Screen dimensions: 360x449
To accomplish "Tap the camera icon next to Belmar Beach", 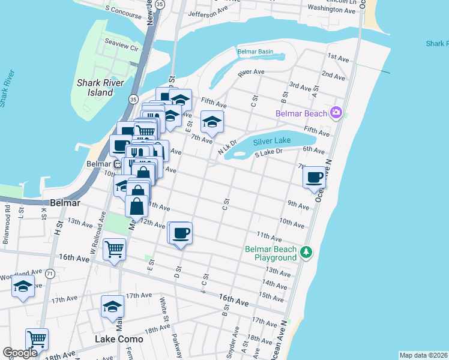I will [x=336, y=113].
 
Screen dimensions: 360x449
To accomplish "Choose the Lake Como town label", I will [x=119, y=339].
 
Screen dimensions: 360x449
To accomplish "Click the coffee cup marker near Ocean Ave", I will [x=315, y=177].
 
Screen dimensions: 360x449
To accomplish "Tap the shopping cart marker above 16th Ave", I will [x=114, y=248].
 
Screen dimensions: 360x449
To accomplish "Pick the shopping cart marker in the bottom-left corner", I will [x=37, y=339].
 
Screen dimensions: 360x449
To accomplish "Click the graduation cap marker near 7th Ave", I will [x=211, y=122].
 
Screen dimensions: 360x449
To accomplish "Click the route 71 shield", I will [x=50, y=273].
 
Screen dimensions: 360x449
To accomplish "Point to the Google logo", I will [x=20, y=353].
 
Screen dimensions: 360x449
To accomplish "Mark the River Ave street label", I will [x=251, y=72].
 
